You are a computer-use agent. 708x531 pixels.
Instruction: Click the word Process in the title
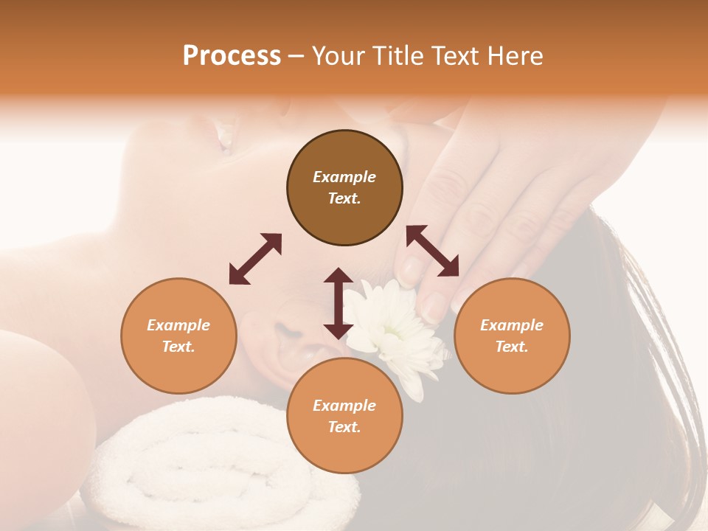point(232,56)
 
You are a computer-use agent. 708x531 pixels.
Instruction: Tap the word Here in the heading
point(514,56)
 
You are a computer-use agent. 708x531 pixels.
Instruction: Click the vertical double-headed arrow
point(339,303)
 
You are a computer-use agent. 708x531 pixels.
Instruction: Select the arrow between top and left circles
point(255,259)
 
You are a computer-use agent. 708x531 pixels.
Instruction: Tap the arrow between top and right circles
point(432,251)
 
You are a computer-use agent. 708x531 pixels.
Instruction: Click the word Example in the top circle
point(344,177)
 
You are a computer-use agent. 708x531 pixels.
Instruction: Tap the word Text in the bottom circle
point(344,427)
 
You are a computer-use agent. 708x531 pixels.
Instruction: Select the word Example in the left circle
point(178,325)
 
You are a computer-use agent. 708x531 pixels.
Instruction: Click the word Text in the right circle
point(512,347)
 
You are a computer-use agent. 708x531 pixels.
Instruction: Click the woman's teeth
point(226,137)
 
